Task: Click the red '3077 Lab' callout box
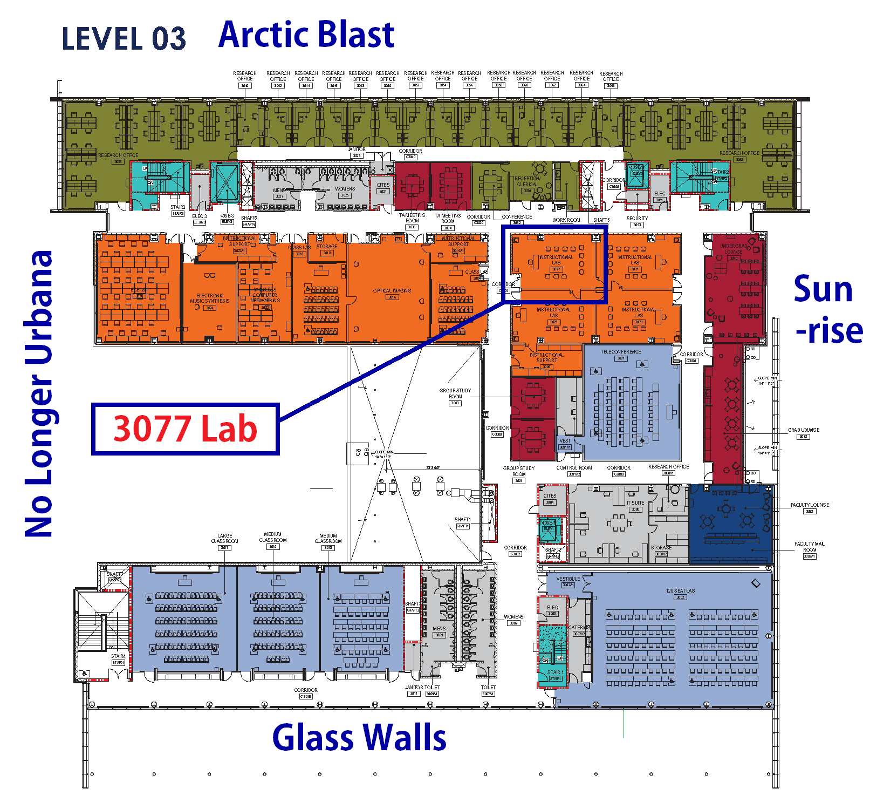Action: coord(185,429)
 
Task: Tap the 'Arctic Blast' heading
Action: coord(306,35)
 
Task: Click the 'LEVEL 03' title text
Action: coord(124,39)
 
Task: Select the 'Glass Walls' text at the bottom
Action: coord(359,738)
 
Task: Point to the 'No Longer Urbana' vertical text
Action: coord(39,394)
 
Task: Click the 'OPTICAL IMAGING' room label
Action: coord(392,291)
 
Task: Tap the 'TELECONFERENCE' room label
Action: coord(621,352)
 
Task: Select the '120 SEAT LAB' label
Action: coord(680,591)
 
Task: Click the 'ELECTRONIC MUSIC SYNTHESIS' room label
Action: coord(210,298)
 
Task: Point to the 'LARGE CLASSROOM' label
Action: coord(224,539)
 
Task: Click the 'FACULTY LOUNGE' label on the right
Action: coord(810,505)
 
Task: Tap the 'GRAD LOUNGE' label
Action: coord(803,430)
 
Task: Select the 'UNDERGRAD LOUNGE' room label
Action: coord(734,249)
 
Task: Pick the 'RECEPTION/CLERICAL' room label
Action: coord(528,181)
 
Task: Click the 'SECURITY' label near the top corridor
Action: coord(637,219)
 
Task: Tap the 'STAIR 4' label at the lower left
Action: coord(118,656)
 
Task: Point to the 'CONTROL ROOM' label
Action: coord(574,468)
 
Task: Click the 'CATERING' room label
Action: coord(579,628)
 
